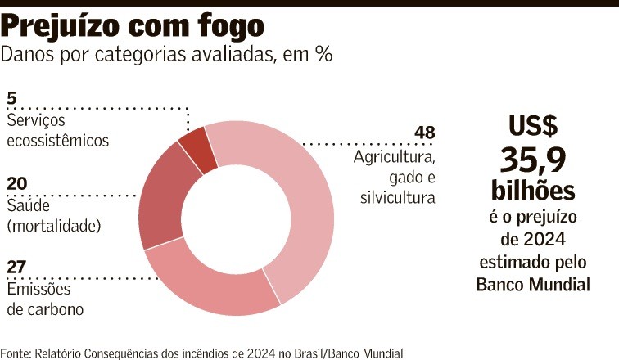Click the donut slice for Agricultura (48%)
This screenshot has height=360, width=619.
coord(307,205)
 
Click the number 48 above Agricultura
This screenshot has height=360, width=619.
coord(424,133)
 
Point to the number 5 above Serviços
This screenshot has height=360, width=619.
coord(11,99)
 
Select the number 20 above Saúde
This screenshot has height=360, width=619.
coord(17,182)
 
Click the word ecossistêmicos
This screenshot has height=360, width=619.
coord(57,140)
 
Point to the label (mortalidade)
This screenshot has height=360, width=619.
coord(53,225)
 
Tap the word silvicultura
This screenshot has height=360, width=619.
coord(397,197)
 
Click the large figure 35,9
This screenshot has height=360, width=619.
coord(533,158)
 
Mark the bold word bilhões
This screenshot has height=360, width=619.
coord(533,191)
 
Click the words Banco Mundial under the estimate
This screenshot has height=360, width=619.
coord(533,285)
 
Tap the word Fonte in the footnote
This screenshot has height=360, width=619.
coord(16,353)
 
